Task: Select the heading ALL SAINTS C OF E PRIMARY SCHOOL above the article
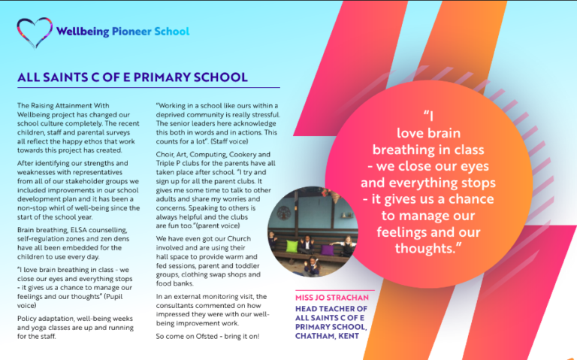point(132,77)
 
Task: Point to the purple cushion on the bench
point(327,248)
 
